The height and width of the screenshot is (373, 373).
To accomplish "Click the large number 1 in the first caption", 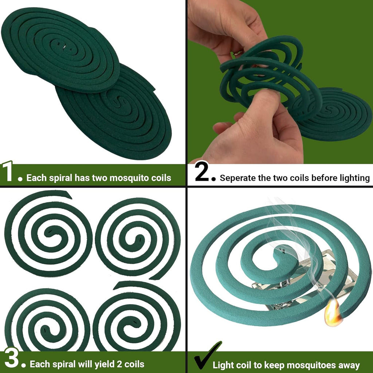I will pos(8,173).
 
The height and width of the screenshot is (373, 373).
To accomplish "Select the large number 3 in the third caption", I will pos(11,359).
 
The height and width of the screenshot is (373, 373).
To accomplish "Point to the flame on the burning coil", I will pos(333,314).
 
